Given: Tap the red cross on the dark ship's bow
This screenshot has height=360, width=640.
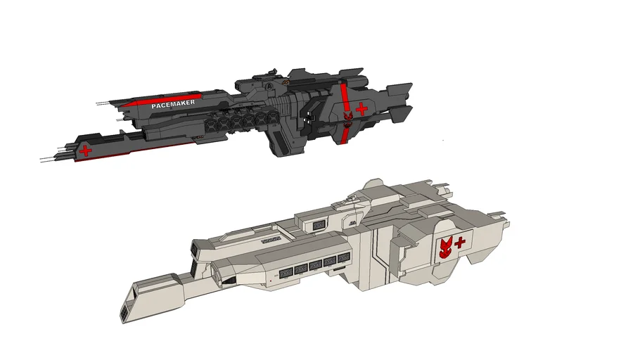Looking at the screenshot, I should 86,150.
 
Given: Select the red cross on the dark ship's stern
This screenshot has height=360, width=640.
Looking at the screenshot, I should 361,108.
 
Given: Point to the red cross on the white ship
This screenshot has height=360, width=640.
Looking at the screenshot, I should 460,243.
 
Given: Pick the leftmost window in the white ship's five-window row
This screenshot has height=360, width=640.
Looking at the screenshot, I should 286,271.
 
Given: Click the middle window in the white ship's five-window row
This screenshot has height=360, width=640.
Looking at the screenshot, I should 315,266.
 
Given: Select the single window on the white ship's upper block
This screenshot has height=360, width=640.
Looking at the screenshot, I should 319,224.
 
